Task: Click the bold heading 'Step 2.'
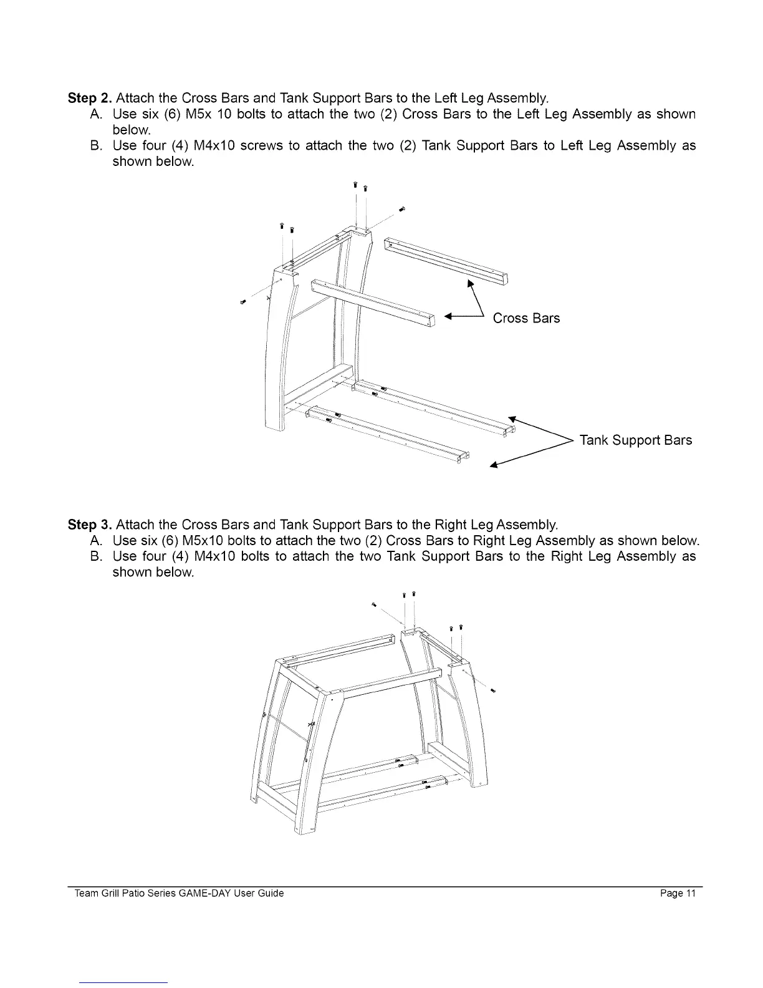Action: point(90,99)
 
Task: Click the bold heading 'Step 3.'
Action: point(90,524)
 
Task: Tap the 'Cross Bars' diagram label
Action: point(526,319)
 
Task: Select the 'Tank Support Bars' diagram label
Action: point(635,441)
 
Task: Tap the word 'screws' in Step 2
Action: point(259,146)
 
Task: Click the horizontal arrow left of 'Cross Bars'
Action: point(464,318)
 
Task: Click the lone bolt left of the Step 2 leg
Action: point(243,303)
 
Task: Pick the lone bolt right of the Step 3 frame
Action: point(494,690)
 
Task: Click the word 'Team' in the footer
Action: point(85,894)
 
